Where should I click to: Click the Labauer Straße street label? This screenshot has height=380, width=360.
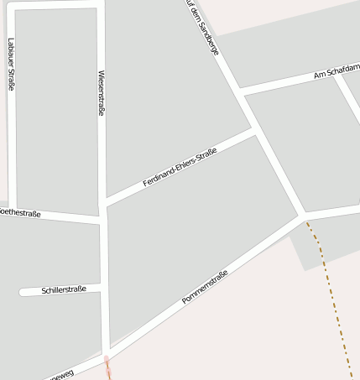[11, 64]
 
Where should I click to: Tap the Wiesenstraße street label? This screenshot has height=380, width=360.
[102, 92]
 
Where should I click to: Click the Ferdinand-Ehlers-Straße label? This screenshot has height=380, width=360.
[180, 166]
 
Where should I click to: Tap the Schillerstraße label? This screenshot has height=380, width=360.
[64, 290]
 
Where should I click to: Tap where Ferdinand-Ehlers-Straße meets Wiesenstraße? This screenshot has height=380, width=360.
[103, 203]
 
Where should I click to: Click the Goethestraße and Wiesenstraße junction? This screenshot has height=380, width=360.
[102, 220]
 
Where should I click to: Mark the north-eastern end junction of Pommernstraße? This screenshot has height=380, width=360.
[303, 216]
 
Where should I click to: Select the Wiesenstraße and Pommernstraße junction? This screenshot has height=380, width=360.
[106, 351]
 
